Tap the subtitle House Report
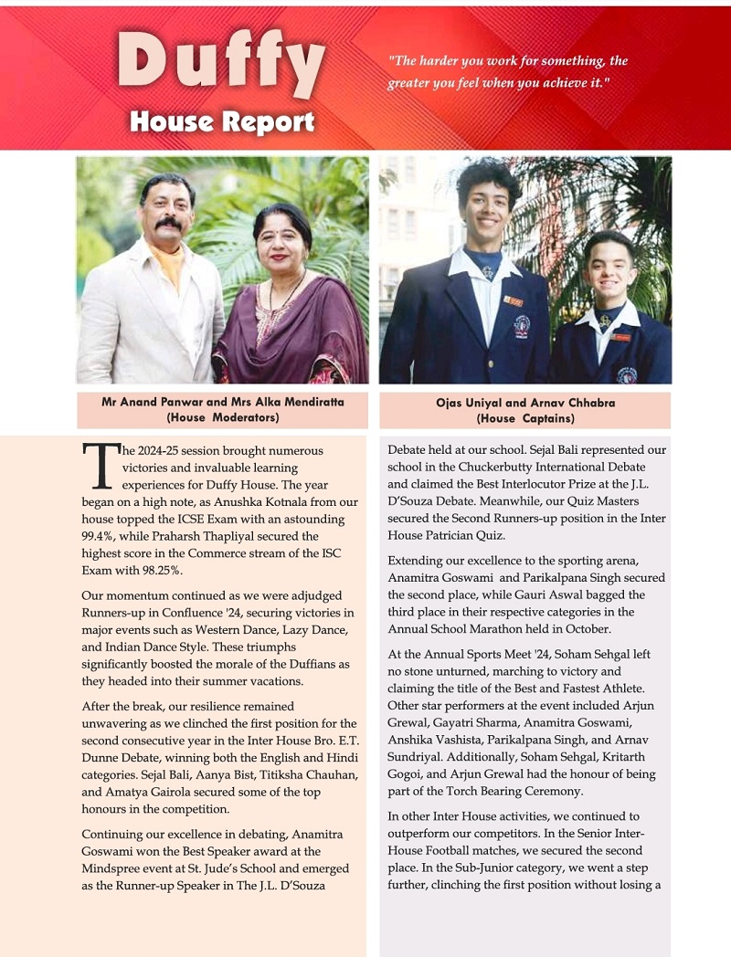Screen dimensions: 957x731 click(222, 121)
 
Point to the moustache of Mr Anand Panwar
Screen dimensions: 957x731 click(167, 222)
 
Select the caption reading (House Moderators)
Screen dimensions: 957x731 click(222, 417)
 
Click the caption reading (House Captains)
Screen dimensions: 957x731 click(524, 418)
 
